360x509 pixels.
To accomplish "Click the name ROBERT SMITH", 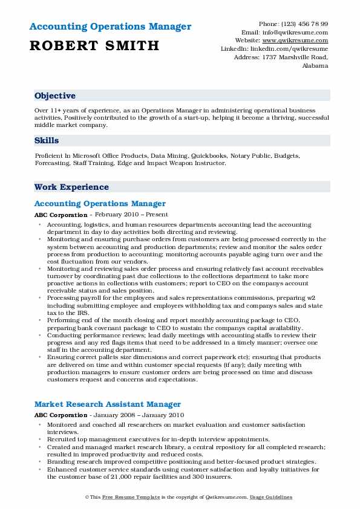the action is (x=94, y=45).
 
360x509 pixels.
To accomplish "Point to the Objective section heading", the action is (x=55, y=96).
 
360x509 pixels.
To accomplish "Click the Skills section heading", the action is (x=47, y=140).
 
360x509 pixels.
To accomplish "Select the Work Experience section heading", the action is (x=71, y=187).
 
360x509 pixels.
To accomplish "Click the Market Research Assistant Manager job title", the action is (x=108, y=404).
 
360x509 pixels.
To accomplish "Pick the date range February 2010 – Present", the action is (x=131, y=215).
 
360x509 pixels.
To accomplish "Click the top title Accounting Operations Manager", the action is (x=110, y=27).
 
